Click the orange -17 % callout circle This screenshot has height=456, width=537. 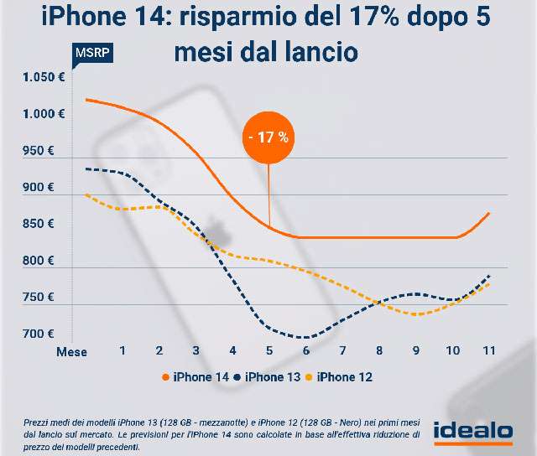268,137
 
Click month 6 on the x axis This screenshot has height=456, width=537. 306,350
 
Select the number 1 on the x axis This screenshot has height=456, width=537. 123,350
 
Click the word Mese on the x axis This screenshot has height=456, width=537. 71,351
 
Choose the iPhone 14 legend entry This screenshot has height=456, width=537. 196,377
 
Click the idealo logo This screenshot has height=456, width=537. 472,430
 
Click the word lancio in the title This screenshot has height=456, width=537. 320,51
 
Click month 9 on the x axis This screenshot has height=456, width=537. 415,350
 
